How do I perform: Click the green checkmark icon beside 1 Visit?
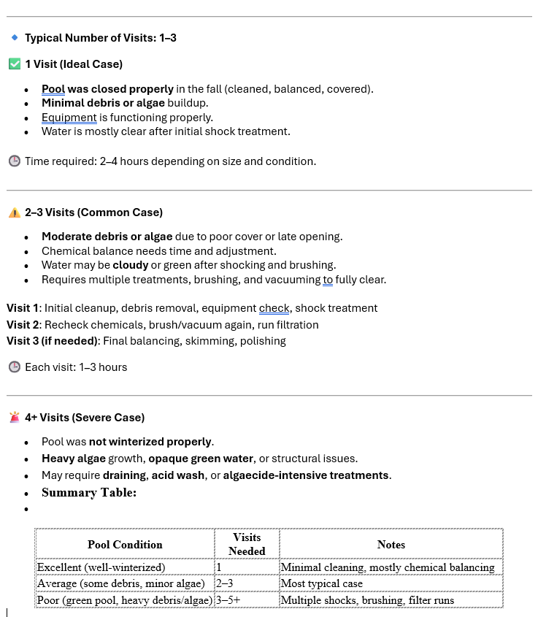pyautogui.click(x=14, y=64)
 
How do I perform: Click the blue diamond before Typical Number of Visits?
pyautogui.click(x=14, y=37)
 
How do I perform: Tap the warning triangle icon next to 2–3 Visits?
pyautogui.click(x=14, y=212)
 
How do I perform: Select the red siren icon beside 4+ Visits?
pyautogui.click(x=14, y=418)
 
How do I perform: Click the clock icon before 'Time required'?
pyautogui.click(x=14, y=161)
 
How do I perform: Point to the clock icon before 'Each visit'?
pyautogui.click(x=14, y=367)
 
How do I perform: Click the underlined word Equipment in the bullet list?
pyautogui.click(x=69, y=118)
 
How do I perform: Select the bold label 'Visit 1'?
pyautogui.click(x=23, y=308)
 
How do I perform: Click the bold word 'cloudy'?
pyautogui.click(x=130, y=265)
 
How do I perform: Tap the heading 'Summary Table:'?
pyautogui.click(x=89, y=493)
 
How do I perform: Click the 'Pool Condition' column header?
pyautogui.click(x=125, y=545)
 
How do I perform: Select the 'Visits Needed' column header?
pyautogui.click(x=247, y=545)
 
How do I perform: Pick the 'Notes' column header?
pyautogui.click(x=391, y=545)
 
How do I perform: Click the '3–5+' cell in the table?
pyautogui.click(x=228, y=601)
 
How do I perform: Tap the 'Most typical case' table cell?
pyautogui.click(x=321, y=584)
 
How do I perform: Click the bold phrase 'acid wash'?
pyautogui.click(x=178, y=475)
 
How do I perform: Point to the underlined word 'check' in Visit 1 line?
pyautogui.click(x=274, y=308)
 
